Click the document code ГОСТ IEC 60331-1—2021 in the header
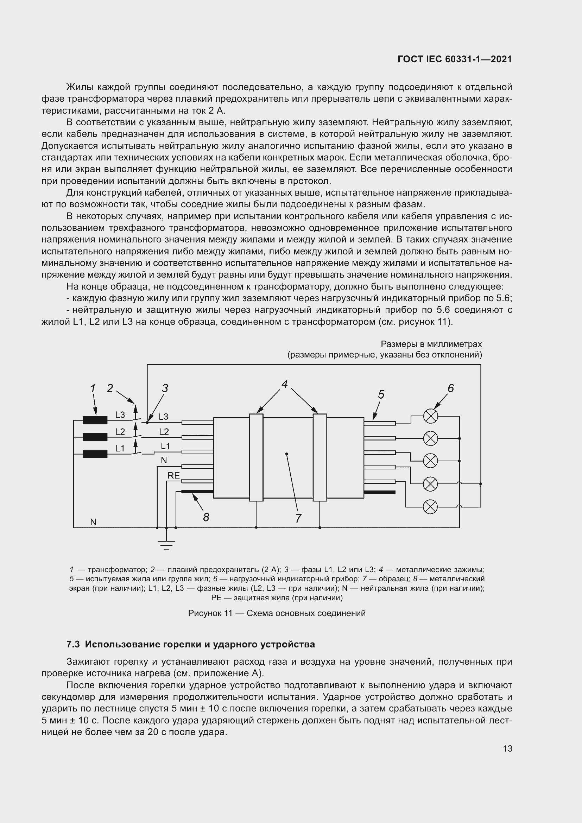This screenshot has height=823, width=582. click(454, 59)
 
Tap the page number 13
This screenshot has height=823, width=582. click(507, 749)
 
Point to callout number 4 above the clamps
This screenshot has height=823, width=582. click(285, 384)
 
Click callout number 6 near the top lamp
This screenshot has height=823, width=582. click(450, 388)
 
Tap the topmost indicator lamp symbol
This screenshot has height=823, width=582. click(430, 416)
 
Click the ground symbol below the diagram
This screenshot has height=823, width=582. click(166, 545)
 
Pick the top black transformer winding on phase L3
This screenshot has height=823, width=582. click(95, 420)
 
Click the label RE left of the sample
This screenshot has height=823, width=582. click(174, 476)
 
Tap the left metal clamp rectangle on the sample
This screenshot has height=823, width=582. click(256, 457)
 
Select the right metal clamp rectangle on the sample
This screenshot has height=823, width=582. click(320, 457)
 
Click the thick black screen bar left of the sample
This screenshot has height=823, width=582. click(197, 492)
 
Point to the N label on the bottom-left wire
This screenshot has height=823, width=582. click(93, 522)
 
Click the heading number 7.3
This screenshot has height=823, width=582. click(73, 644)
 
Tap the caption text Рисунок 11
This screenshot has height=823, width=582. click(210, 613)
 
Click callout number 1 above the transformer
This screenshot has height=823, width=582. click(93, 388)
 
